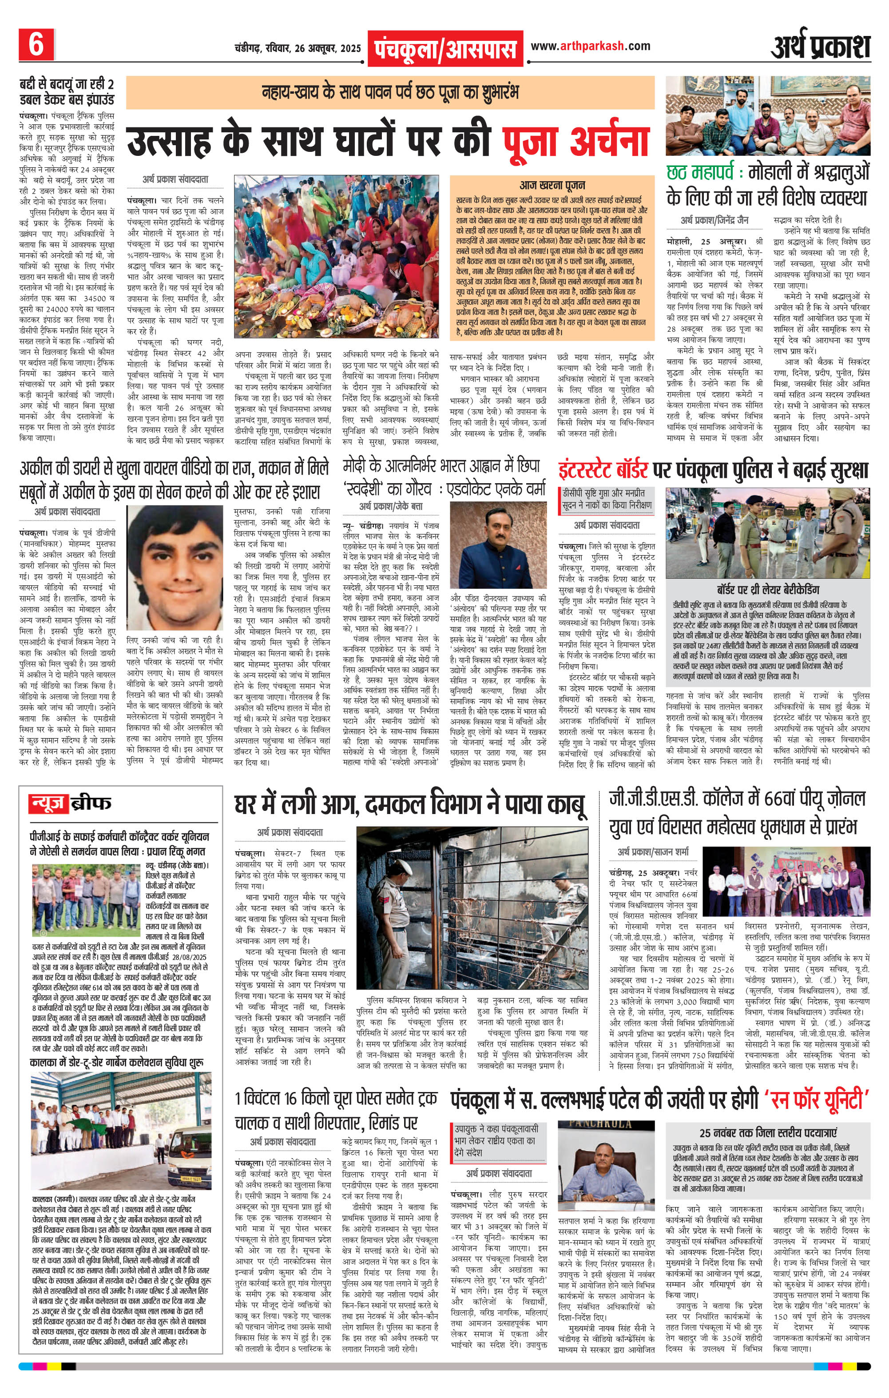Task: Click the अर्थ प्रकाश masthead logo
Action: [821, 47]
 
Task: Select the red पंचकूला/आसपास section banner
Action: [445, 48]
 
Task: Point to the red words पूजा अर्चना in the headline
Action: [575, 141]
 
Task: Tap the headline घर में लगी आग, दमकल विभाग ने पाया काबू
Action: [410, 805]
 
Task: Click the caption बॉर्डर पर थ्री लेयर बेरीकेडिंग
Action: [768, 589]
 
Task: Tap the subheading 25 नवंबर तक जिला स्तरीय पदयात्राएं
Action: [768, 1133]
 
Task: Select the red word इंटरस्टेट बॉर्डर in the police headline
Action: [604, 469]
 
